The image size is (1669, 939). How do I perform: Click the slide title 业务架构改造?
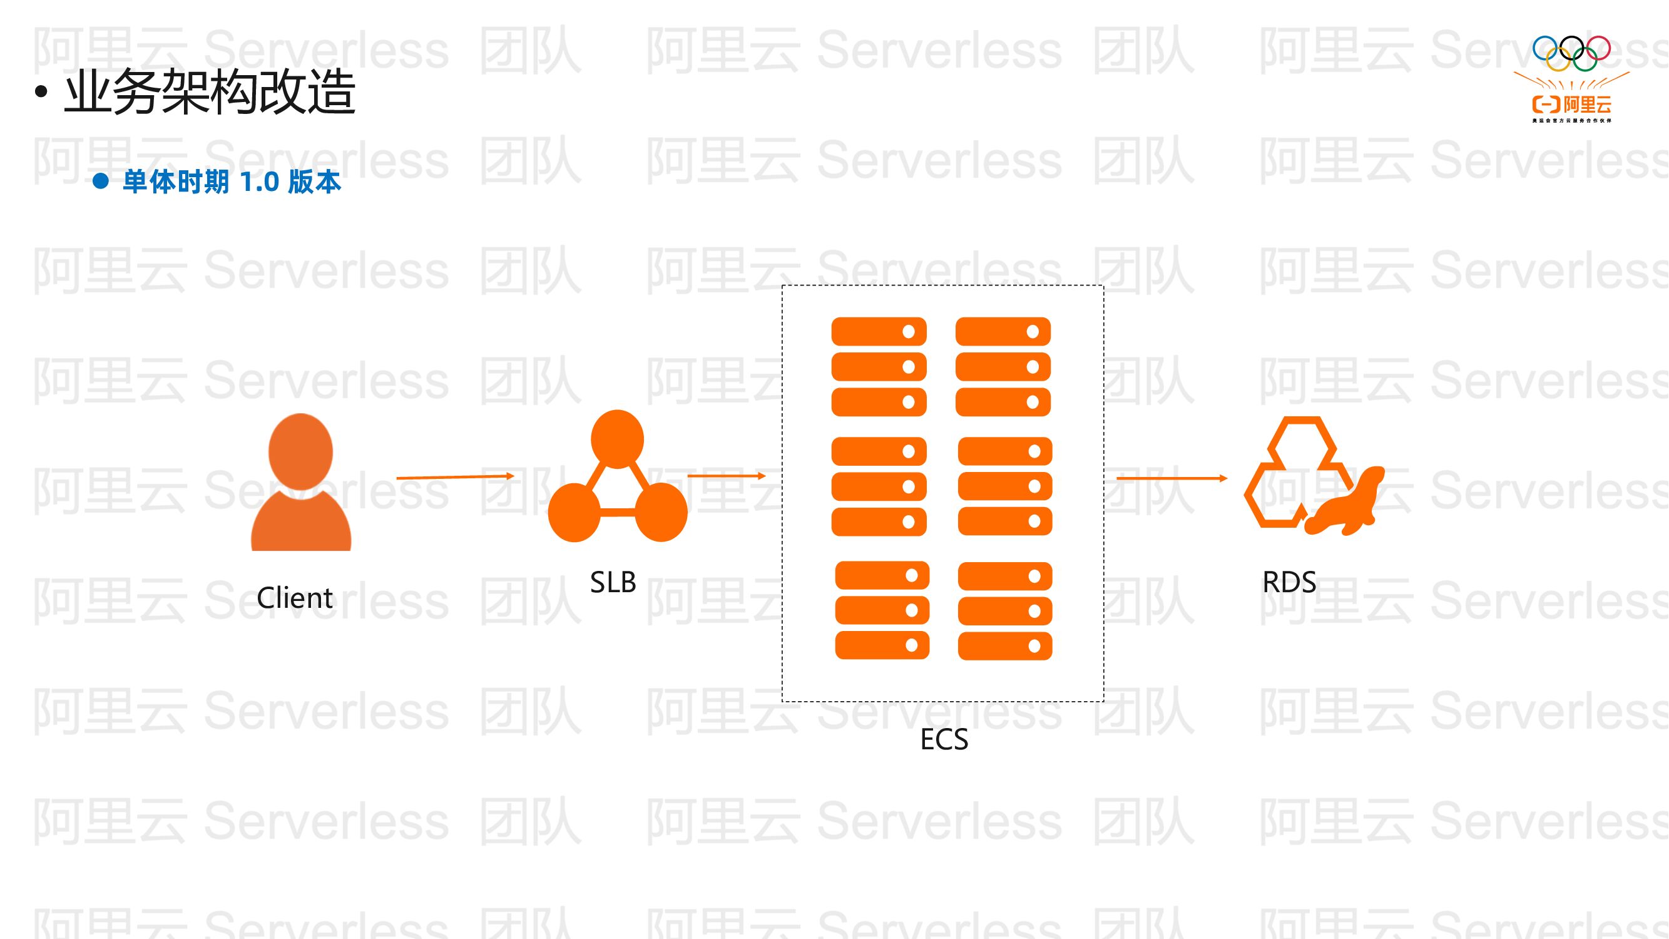pos(209,92)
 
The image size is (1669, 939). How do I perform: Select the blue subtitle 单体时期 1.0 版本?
pos(232,182)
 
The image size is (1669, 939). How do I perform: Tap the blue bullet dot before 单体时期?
pos(100,181)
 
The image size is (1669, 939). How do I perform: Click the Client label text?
pos(295,597)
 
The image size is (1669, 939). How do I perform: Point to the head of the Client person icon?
pos(300,452)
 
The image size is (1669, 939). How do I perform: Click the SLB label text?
pos(613,582)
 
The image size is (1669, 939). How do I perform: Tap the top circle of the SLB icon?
pos(618,439)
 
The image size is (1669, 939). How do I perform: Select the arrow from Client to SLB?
pos(455,477)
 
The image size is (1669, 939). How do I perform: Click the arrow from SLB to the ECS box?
pos(727,476)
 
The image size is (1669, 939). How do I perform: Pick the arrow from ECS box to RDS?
pos(1171,478)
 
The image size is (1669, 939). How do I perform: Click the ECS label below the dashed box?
pos(944,739)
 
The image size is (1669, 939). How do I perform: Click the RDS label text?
pos(1289,582)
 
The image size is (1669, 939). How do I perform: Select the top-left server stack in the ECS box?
pos(879,367)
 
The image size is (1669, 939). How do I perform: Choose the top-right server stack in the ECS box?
pos(1003,367)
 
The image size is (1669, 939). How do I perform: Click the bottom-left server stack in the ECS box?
pos(882,610)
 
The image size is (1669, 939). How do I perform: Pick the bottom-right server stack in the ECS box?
pos(1005,611)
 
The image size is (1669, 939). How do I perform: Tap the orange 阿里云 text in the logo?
pos(1588,105)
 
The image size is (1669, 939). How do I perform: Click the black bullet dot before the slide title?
pos(41,92)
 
